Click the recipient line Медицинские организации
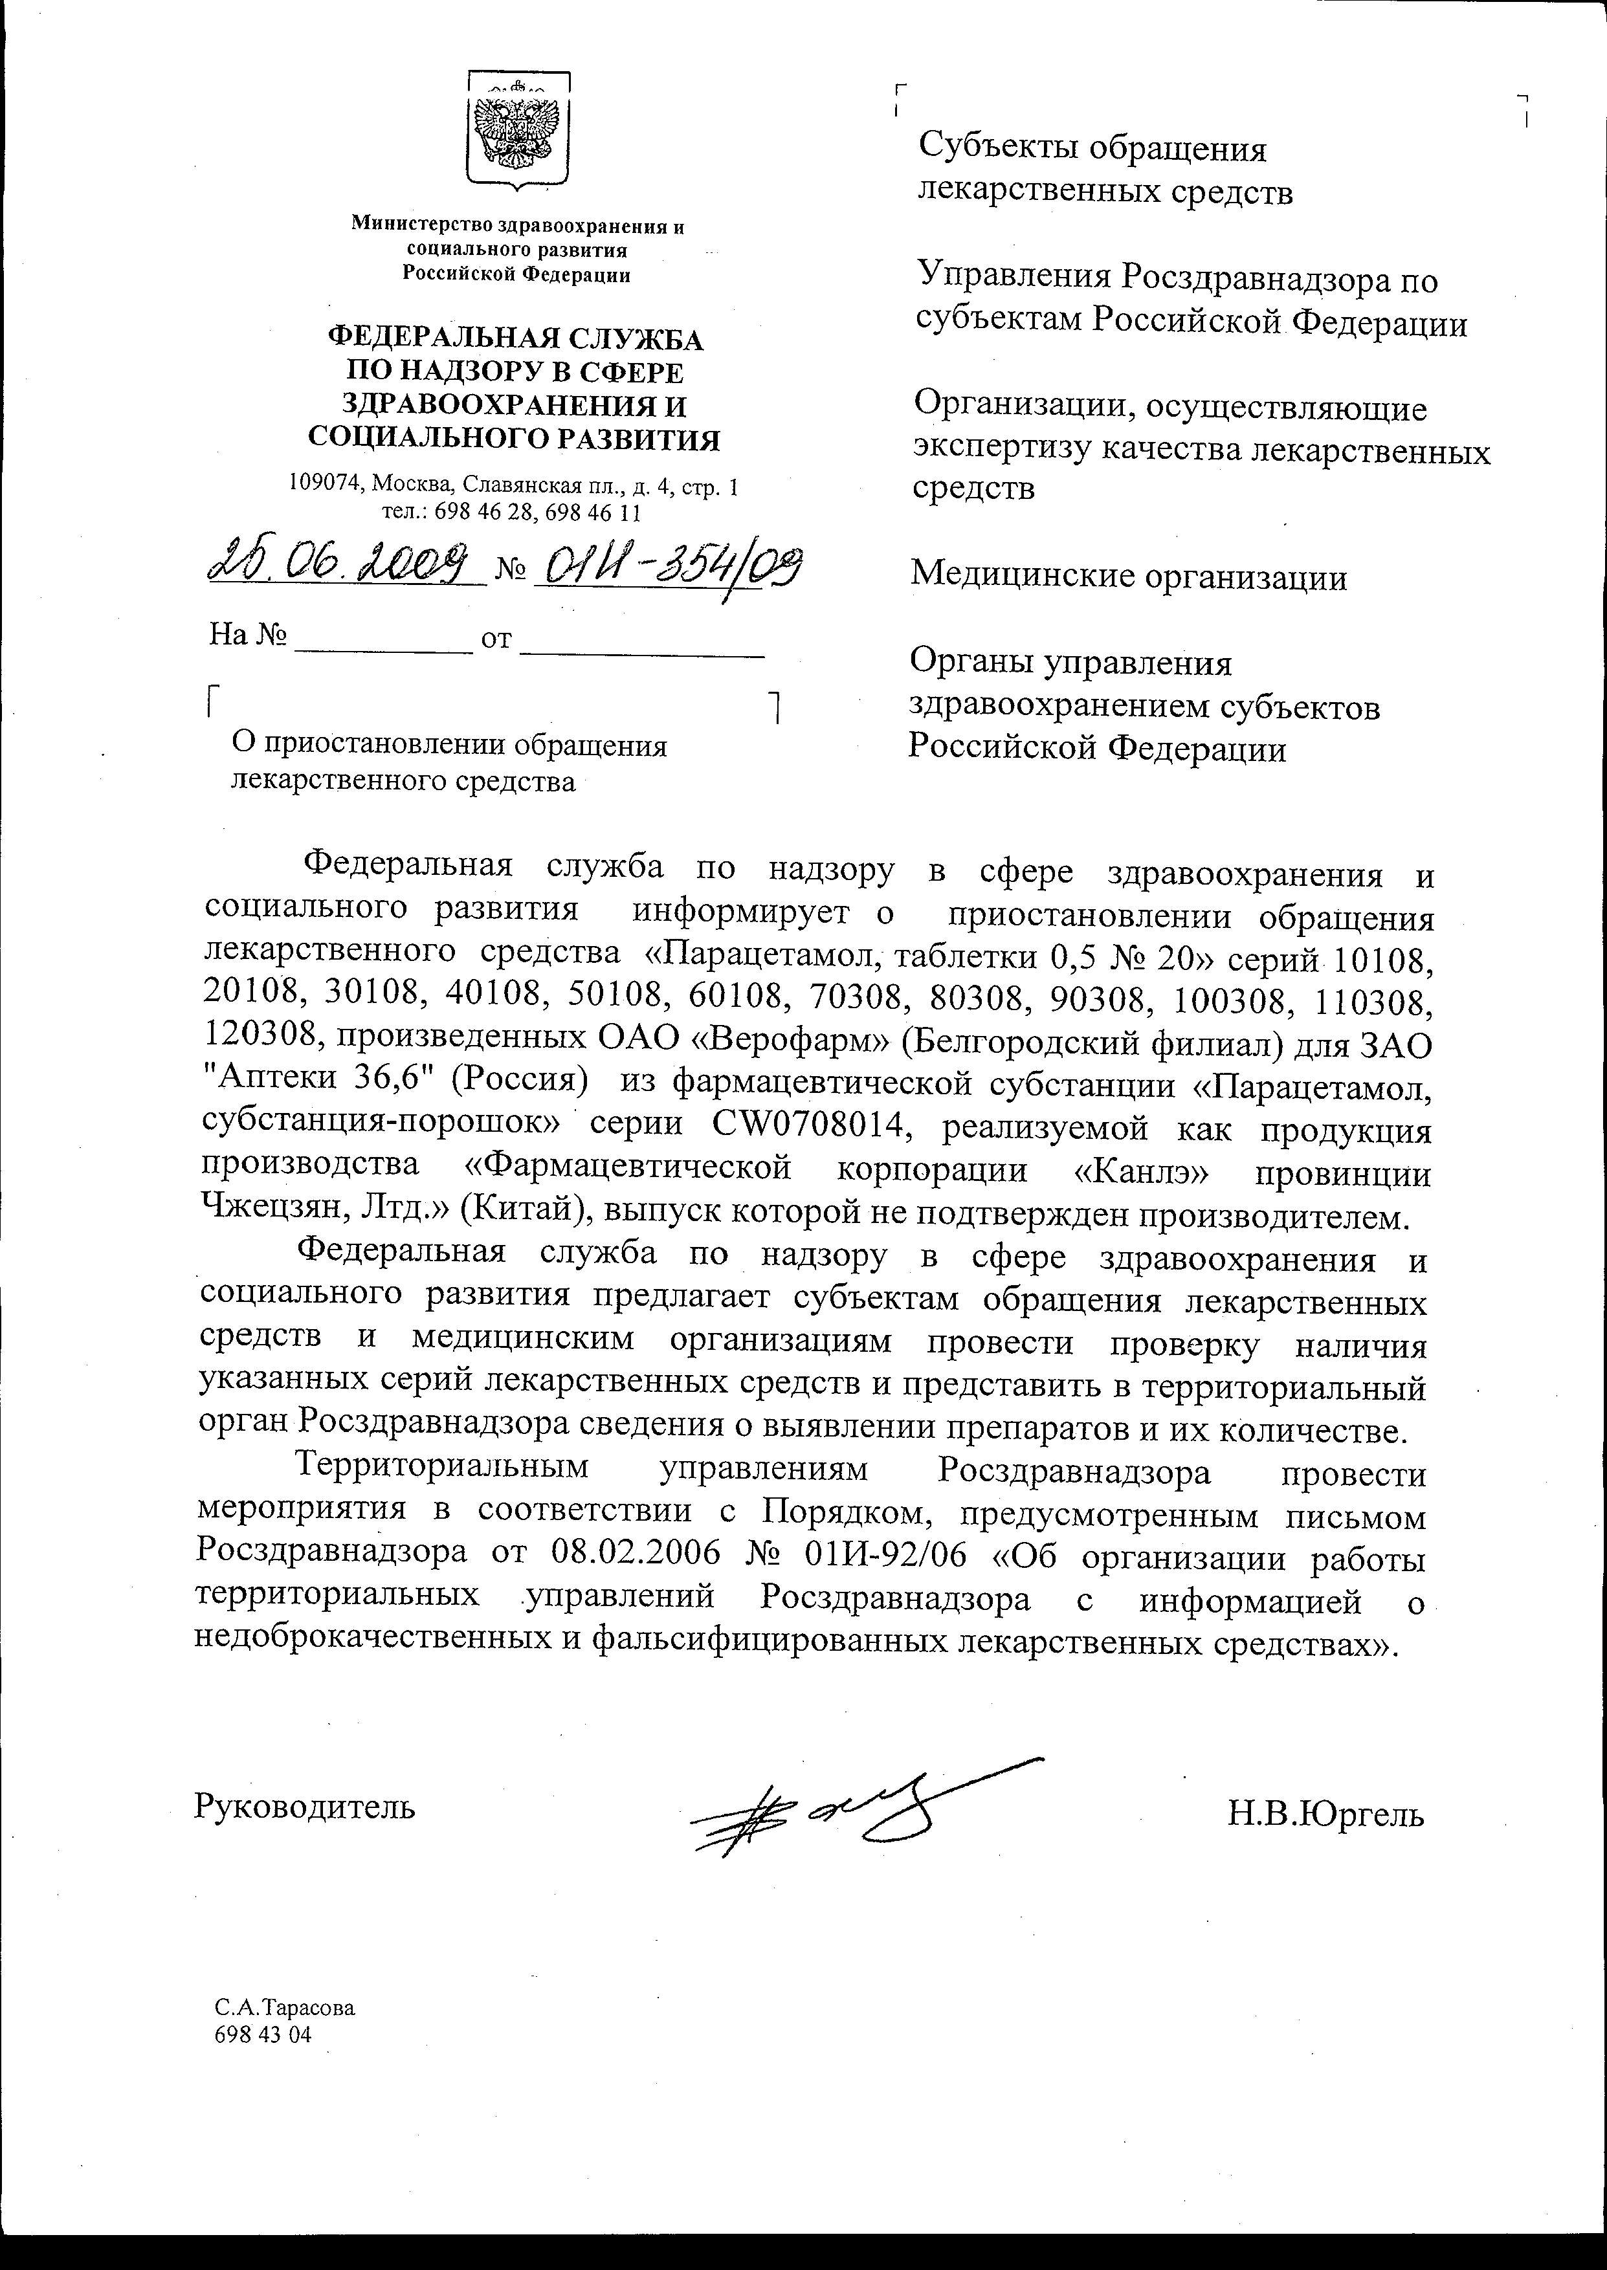pos(1128,576)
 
